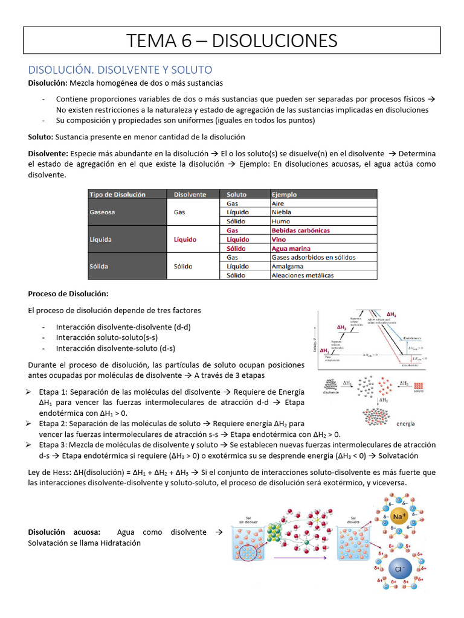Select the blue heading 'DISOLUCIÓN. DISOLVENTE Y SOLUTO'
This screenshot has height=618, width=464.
coord(120,70)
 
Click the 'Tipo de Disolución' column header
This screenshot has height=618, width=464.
coord(117,194)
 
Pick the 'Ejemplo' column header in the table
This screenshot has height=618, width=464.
coord(284,194)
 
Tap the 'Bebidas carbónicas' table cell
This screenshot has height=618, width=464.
coord(300,231)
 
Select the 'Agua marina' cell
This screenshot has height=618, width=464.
coord(291,248)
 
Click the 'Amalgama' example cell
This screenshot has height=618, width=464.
coord(288,266)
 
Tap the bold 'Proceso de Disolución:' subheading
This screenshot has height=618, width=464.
coord(68,294)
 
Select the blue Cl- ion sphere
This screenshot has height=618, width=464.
coord(398,569)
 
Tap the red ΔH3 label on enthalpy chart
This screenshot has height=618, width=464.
coord(391,314)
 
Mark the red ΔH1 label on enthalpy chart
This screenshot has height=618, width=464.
coord(325,351)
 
